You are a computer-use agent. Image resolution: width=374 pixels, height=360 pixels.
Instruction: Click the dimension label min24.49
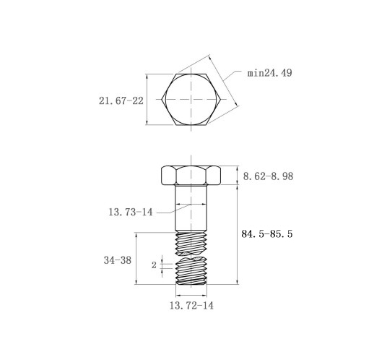(270, 73)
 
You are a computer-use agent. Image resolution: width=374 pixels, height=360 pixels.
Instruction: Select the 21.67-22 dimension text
(121, 100)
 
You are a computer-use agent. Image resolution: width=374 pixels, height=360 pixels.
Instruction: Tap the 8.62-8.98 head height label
(268, 176)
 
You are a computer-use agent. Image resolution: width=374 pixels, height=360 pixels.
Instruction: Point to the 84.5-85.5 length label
(267, 234)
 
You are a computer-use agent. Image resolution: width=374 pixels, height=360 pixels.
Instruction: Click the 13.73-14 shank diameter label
(131, 213)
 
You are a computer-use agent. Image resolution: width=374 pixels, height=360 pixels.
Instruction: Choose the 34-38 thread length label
(118, 260)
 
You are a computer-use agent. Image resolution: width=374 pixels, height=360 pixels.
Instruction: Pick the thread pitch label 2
(154, 265)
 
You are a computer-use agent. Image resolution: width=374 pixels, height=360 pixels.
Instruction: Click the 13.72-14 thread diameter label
(191, 306)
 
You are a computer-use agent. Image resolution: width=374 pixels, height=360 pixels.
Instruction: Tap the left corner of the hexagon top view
(162, 99)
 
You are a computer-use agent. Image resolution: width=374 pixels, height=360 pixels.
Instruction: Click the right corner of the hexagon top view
(221, 99)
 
